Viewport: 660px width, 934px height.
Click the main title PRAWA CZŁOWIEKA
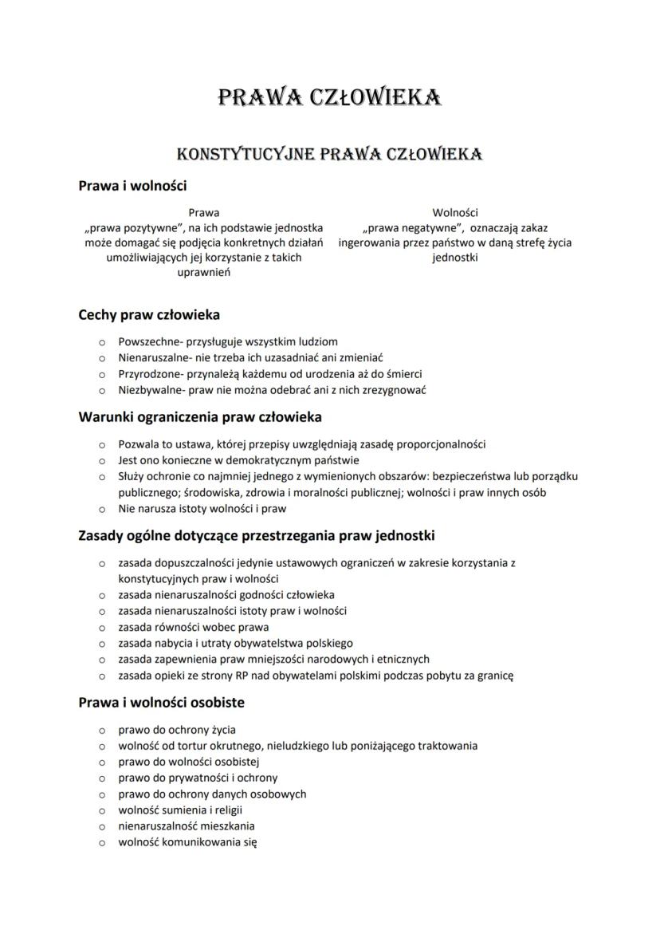[329, 97]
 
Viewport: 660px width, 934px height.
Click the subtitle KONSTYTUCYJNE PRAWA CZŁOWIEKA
[329, 152]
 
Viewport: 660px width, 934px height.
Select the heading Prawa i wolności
[132, 186]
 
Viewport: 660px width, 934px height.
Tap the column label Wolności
[454, 212]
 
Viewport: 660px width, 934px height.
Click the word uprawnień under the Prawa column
[203, 273]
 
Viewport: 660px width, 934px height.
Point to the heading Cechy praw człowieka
[149, 314]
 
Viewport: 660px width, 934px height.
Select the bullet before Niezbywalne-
[101, 391]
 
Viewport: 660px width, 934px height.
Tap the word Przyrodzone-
[151, 374]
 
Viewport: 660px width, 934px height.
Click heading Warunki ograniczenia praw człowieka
[200, 416]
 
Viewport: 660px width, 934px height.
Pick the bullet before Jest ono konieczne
[101, 460]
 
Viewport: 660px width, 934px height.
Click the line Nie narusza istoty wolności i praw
[202, 508]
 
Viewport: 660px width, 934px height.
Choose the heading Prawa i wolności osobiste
[161, 703]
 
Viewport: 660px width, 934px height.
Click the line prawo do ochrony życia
[176, 729]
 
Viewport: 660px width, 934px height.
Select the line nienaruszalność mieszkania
[187, 826]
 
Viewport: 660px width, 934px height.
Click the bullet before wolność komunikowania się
[101, 842]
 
